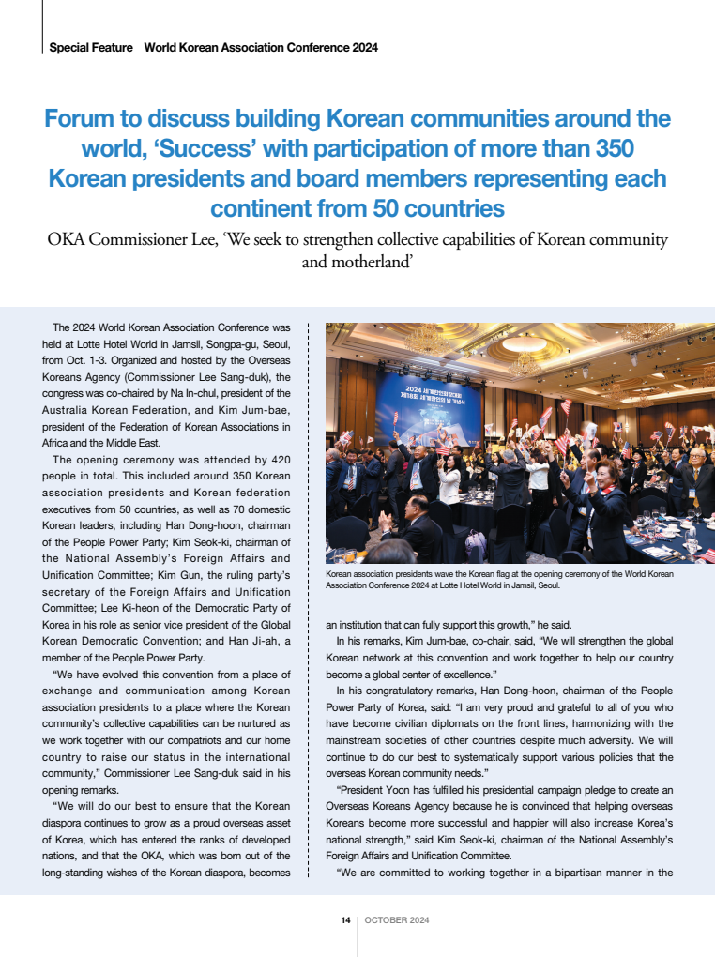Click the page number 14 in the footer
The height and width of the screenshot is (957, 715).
[x=345, y=920]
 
